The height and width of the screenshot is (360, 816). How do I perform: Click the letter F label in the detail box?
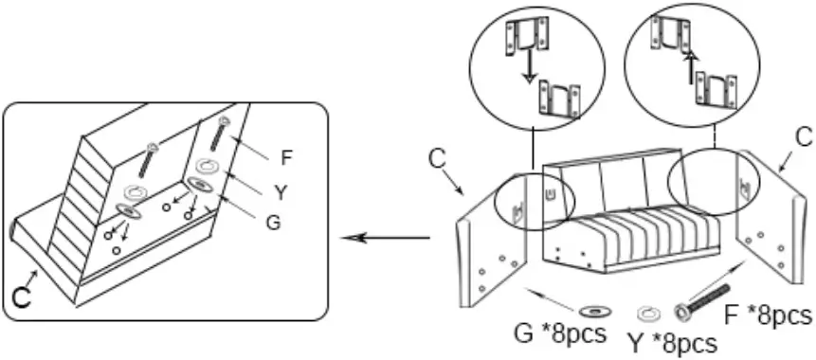(x=287, y=156)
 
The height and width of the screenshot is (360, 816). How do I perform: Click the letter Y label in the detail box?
(x=281, y=191)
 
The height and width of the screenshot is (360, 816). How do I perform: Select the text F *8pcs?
(x=773, y=315)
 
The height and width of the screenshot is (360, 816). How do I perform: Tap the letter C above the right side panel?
(x=802, y=137)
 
